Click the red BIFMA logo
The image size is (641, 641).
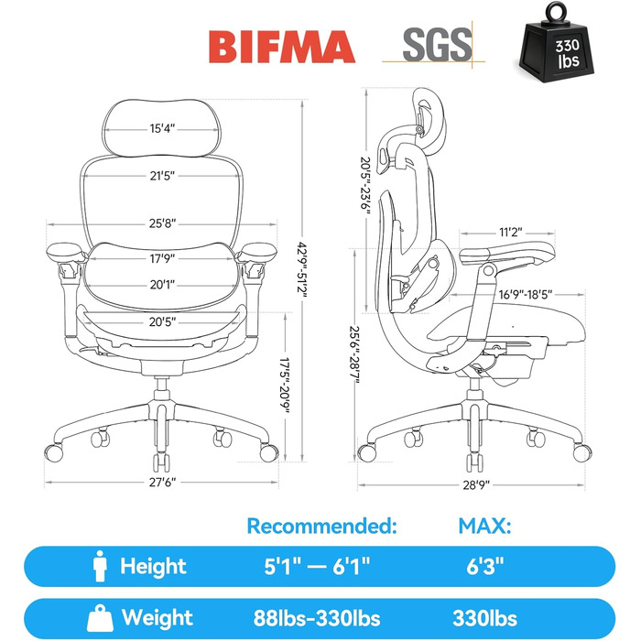(x=282, y=47)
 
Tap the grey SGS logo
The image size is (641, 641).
(x=437, y=45)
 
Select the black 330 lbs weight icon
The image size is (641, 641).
(x=556, y=42)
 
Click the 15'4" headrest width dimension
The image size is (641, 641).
(x=162, y=128)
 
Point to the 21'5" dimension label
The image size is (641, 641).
(x=162, y=176)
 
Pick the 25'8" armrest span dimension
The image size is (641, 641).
(x=162, y=223)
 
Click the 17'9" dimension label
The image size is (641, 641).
(x=162, y=258)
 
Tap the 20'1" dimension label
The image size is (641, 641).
(x=162, y=284)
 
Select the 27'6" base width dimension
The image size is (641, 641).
(x=162, y=483)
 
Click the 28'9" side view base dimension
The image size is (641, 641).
(x=476, y=485)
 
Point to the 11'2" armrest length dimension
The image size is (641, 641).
(x=511, y=233)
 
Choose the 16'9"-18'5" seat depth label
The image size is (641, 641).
(x=526, y=294)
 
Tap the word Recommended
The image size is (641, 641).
(x=321, y=526)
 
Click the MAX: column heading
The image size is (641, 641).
(x=484, y=527)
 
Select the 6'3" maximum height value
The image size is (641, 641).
(x=485, y=566)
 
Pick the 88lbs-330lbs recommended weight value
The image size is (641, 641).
(x=317, y=618)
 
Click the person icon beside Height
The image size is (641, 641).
(x=100, y=566)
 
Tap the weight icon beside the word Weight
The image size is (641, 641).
(x=100, y=618)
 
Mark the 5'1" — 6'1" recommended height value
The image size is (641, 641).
(x=317, y=566)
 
